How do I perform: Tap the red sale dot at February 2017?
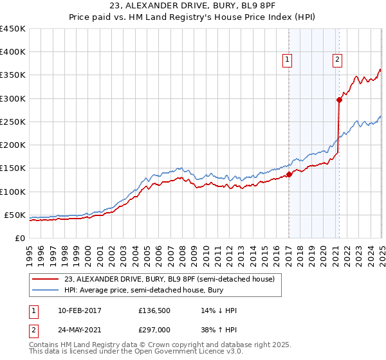[x=289, y=174]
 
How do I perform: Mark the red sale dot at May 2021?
[x=339, y=100]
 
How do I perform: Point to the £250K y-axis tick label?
[x=13, y=122]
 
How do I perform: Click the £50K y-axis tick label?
[x=15, y=215]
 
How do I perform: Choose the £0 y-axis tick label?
[x=20, y=238]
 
